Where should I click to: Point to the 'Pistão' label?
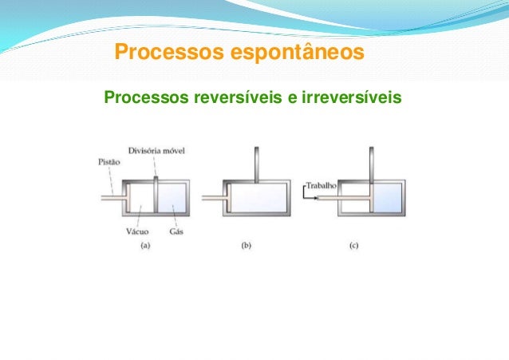pyautogui.click(x=109, y=163)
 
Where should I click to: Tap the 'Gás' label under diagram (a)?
pyautogui.click(x=176, y=232)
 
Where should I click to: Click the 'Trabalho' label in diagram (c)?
pyautogui.click(x=322, y=184)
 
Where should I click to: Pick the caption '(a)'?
pyautogui.click(x=145, y=247)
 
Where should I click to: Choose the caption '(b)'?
pyautogui.click(x=246, y=247)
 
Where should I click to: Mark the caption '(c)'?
pyautogui.click(x=353, y=247)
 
